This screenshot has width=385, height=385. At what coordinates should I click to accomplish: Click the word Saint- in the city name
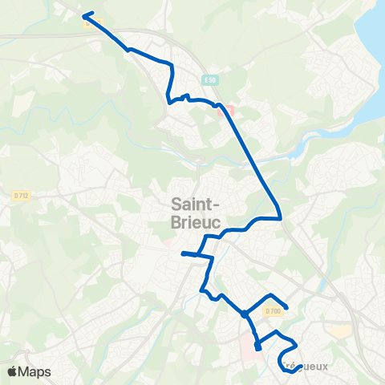pos(197,204)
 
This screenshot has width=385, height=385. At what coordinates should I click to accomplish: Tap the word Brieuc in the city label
pos(197,221)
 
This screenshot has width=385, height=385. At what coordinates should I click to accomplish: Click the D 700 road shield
pos(273,311)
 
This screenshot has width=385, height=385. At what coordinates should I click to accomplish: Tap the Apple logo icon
pos(12,371)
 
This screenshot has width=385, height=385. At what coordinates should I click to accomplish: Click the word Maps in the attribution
pos(35,371)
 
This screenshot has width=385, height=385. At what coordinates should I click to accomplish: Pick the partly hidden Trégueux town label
pos(303,367)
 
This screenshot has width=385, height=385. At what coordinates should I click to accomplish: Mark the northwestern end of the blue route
pos(83,16)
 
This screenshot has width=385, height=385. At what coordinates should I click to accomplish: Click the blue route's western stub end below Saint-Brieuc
pos(183,253)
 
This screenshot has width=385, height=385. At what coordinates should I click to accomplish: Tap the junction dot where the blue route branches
pos(244,314)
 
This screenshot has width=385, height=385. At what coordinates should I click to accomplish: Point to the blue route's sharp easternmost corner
pos(280,217)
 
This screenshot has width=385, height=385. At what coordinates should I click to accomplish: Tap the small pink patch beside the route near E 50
pos(229,111)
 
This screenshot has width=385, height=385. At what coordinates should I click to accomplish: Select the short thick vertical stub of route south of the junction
pos(257,346)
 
